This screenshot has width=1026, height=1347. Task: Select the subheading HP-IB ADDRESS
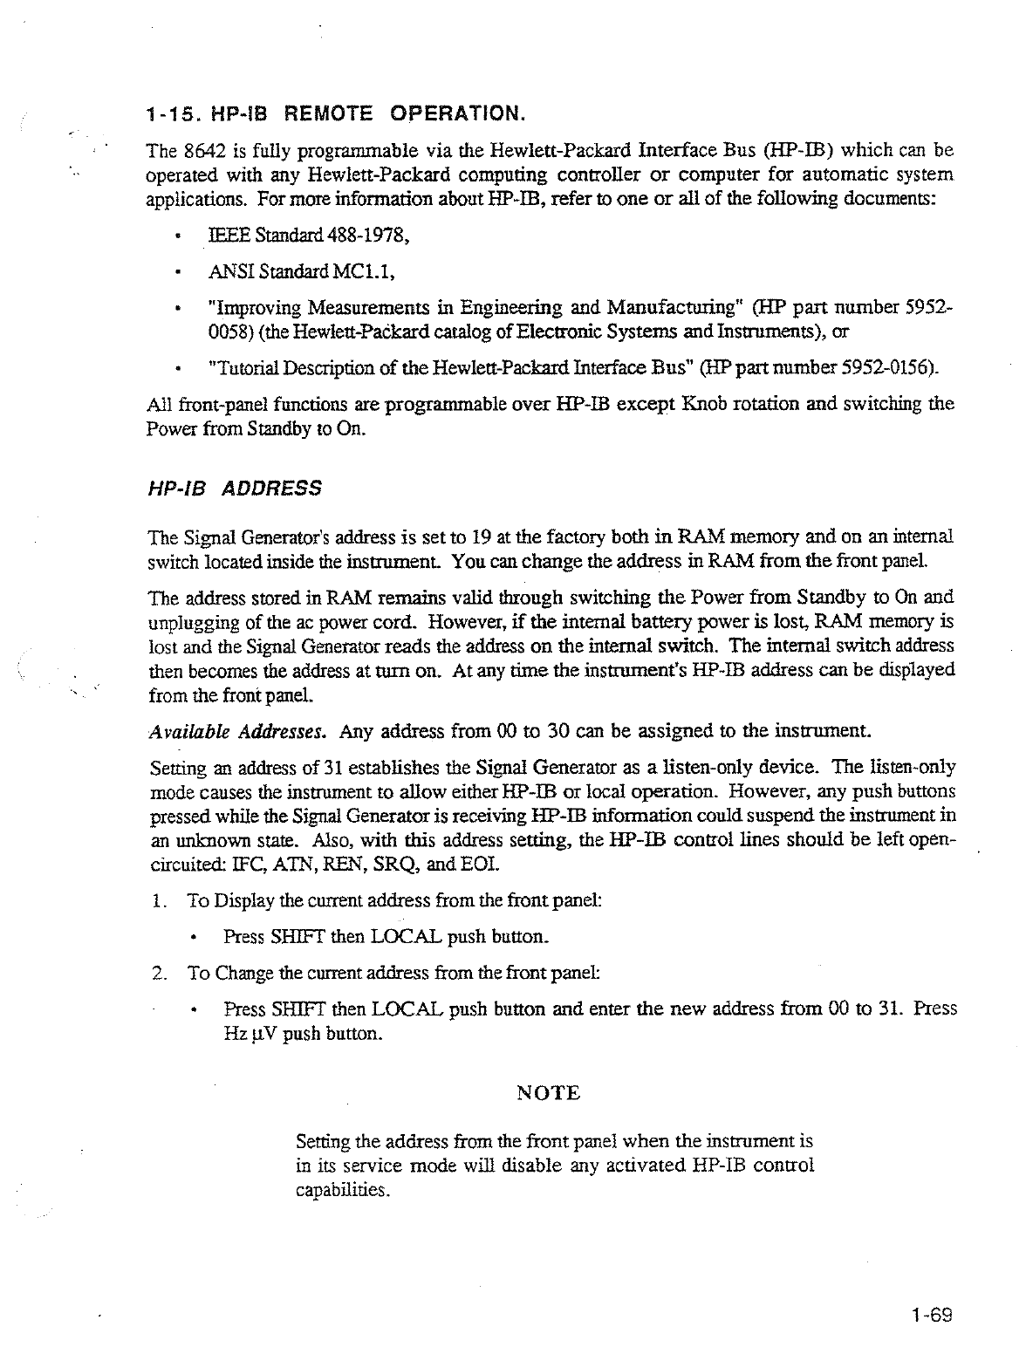[x=234, y=488]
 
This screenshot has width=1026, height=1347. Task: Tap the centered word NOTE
[x=549, y=1093]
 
